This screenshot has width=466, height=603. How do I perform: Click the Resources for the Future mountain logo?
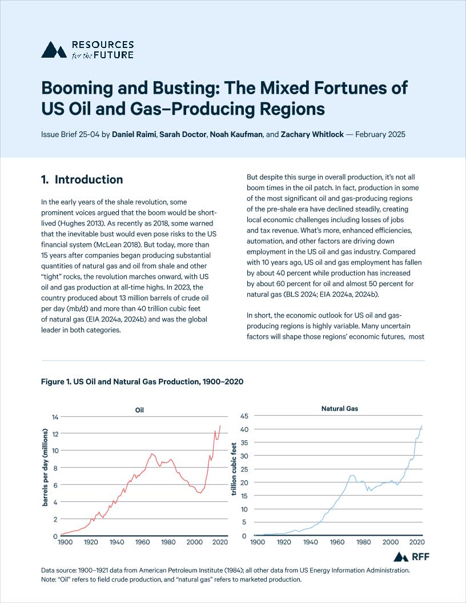(53, 50)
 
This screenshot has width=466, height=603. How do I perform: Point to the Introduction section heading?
(82, 180)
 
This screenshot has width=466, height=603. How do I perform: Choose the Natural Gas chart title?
(340, 408)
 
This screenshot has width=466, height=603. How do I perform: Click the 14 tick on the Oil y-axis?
(55, 417)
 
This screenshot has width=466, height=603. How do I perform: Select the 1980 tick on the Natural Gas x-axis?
(364, 541)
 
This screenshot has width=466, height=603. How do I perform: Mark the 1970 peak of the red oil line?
(152, 453)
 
